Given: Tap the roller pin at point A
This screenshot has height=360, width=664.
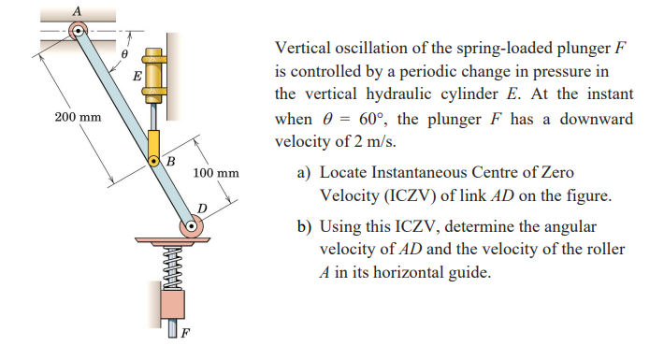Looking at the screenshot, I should [x=79, y=32].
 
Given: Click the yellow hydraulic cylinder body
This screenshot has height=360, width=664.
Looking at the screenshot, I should [x=154, y=74].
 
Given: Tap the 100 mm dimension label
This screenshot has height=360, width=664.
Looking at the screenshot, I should [x=216, y=174].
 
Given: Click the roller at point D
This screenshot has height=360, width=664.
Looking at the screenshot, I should [x=193, y=225].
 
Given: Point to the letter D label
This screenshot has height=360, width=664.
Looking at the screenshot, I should [x=202, y=206].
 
